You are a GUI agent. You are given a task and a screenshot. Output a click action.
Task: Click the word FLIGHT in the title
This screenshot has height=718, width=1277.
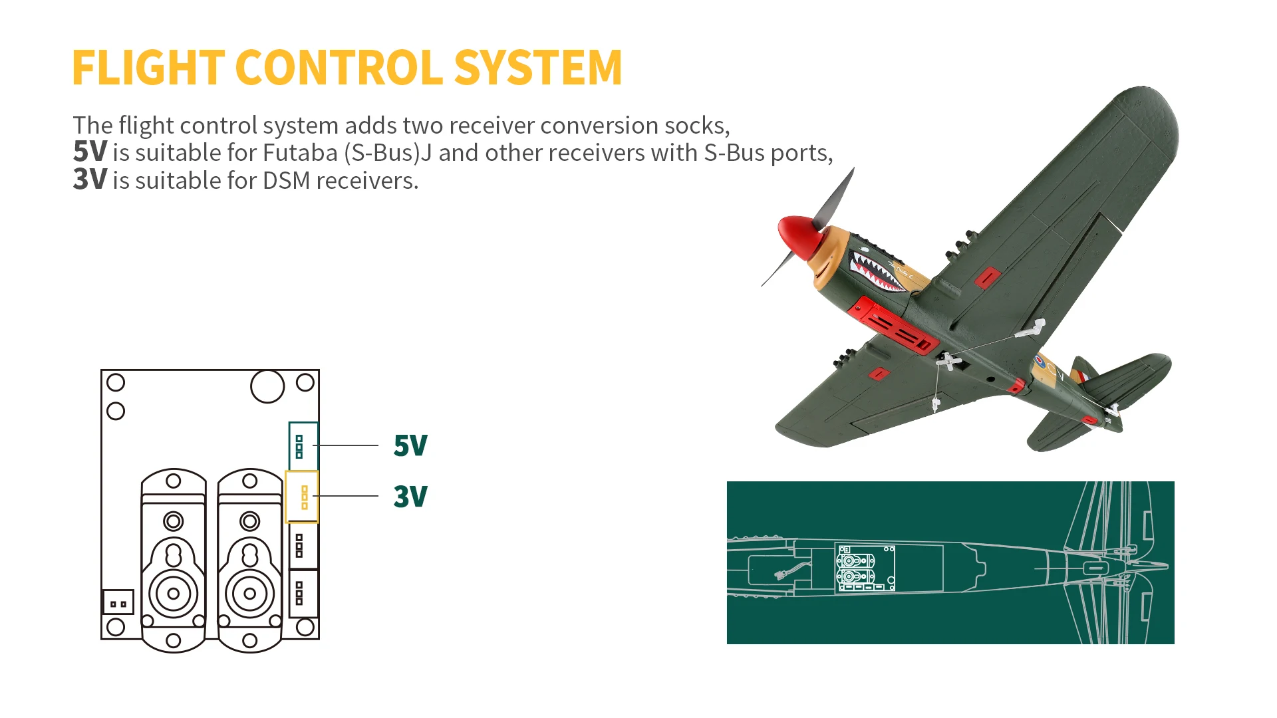point(148,68)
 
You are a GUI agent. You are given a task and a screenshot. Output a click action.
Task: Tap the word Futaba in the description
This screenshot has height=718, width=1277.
point(301,153)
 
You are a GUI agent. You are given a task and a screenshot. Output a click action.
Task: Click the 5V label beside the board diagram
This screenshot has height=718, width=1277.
point(410,445)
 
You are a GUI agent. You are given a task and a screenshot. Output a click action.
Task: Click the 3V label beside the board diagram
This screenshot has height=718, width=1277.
point(410,497)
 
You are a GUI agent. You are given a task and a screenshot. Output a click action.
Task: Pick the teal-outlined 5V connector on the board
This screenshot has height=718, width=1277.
point(303,445)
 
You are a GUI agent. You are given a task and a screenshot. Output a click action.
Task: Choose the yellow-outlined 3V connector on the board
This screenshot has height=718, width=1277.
point(302,497)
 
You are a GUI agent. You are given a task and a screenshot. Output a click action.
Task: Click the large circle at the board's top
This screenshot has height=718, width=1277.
point(267,386)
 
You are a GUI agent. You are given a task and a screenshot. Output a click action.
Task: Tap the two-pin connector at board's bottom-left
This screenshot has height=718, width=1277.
point(118,602)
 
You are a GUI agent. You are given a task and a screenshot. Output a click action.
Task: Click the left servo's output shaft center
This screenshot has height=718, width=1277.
point(174,594)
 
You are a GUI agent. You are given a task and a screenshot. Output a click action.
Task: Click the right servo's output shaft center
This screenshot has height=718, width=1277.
point(250,594)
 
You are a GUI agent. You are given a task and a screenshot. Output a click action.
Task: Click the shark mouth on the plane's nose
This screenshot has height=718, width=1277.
point(876,273)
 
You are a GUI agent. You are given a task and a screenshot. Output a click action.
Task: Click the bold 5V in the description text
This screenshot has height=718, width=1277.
point(90,152)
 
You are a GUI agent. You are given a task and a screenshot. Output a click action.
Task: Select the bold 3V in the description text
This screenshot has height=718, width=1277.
point(90,180)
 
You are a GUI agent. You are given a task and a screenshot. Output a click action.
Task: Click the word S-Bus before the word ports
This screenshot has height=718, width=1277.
point(734,153)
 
